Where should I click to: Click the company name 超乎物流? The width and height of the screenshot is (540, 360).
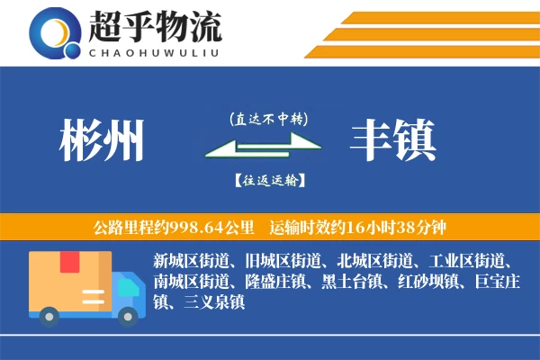point(154,28)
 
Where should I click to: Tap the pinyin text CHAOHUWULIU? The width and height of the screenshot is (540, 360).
point(154,51)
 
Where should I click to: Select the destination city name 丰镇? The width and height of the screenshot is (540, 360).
point(393,139)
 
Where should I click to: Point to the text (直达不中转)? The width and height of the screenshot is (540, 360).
point(267,119)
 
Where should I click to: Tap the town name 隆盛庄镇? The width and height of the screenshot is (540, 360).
point(275,283)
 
